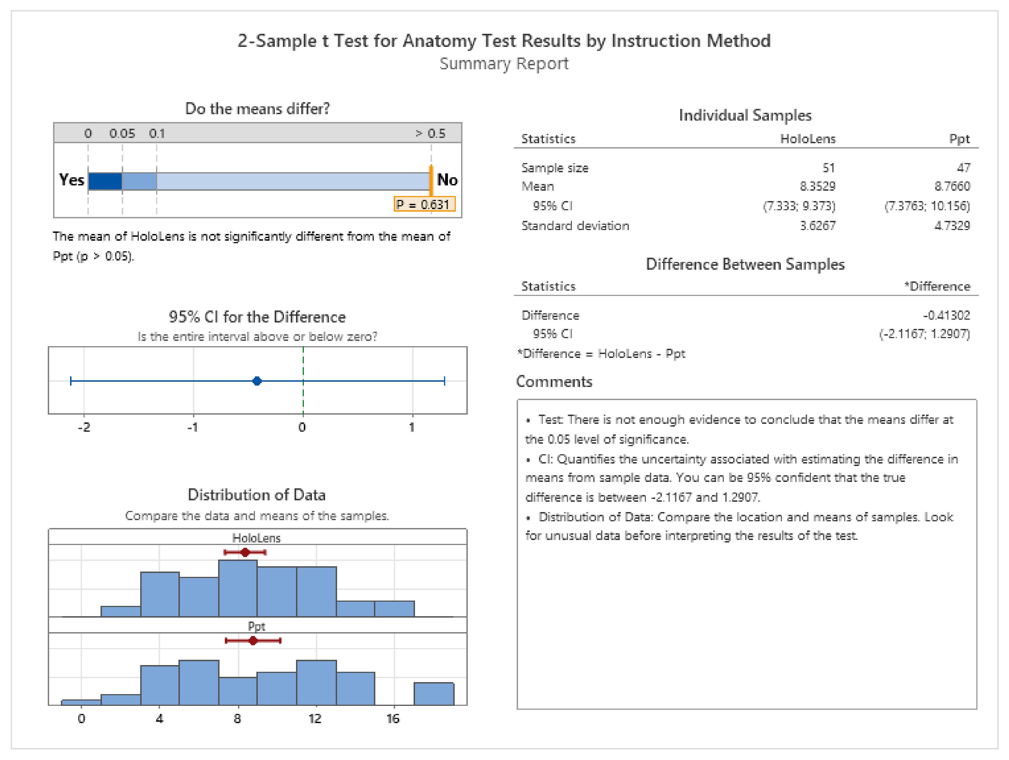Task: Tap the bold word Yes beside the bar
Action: pyautogui.click(x=71, y=180)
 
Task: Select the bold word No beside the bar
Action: pyautogui.click(x=447, y=180)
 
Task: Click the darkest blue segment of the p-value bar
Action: pyautogui.click(x=105, y=181)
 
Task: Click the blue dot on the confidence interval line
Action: pyautogui.click(x=257, y=381)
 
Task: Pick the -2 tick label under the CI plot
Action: pyautogui.click(x=84, y=427)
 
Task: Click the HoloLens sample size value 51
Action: pyautogui.click(x=828, y=168)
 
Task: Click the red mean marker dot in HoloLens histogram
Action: pyautogui.click(x=245, y=553)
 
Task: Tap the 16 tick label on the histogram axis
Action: pyautogui.click(x=393, y=719)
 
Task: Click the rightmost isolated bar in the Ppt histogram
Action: pyautogui.click(x=433, y=694)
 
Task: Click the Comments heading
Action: pyautogui.click(x=554, y=381)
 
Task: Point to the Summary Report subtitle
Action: pyautogui.click(x=504, y=63)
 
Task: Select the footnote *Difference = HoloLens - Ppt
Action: pyautogui.click(x=601, y=353)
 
